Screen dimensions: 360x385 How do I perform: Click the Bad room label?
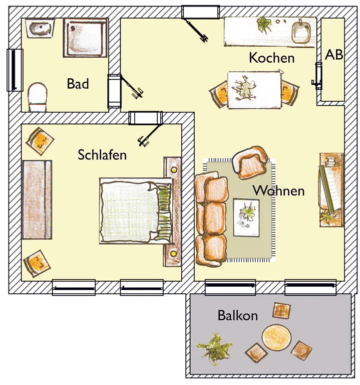[x=78, y=84]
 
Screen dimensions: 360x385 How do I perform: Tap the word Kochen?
[x=272, y=58]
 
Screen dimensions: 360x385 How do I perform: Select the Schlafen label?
[x=102, y=155]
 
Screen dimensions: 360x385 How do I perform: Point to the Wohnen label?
[x=279, y=190]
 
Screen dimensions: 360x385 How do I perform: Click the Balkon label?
[x=238, y=315]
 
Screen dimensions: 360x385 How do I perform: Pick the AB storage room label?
[x=334, y=55]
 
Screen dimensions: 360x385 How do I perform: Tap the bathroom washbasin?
[x=40, y=28]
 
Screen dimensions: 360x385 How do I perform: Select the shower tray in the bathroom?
[x=85, y=38]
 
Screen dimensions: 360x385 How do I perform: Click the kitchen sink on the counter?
[x=301, y=33]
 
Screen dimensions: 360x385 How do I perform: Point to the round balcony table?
[x=276, y=337]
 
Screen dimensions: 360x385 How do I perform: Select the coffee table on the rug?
[x=246, y=217]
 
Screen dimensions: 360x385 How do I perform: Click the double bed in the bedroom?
[x=136, y=211]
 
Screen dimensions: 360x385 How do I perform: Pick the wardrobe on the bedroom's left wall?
[x=37, y=200]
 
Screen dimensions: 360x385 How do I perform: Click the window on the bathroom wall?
[x=15, y=70]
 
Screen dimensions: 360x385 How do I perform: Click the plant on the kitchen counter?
[x=264, y=24]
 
